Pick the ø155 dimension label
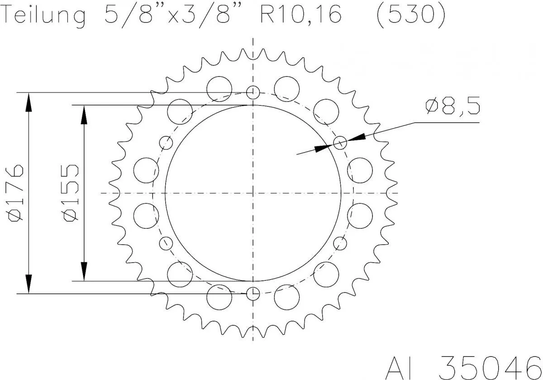point(71,193)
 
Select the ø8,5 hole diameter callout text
point(452,107)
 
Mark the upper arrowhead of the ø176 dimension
point(29,102)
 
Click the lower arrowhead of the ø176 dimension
point(29,284)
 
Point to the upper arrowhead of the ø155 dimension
point(84,114)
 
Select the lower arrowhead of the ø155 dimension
point(84,272)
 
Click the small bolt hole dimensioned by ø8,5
point(340,143)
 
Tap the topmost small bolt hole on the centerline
point(253,92)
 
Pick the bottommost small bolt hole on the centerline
point(253,293)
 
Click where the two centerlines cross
point(253,193)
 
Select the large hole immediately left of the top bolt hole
point(219,88)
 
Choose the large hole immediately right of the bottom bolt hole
point(287,297)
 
